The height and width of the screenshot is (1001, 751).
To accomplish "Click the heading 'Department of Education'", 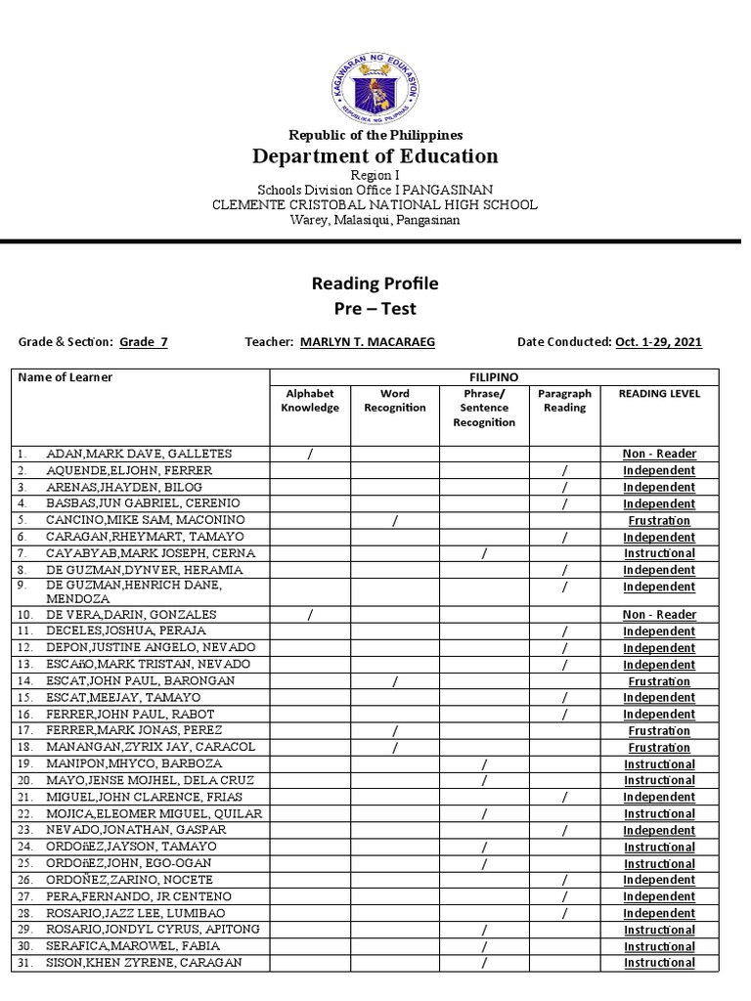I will click(375, 156).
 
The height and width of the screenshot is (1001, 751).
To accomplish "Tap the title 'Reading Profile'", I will click(375, 284).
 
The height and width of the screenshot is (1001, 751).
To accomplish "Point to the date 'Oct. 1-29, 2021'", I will click(658, 342).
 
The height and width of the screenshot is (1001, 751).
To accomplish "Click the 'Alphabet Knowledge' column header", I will click(310, 401).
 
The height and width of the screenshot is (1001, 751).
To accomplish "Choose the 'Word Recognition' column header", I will click(394, 401).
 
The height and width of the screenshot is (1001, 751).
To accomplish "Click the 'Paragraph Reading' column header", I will click(564, 401).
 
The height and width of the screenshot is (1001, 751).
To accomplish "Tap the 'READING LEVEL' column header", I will click(659, 394).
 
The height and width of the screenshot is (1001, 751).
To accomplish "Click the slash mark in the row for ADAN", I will click(310, 454).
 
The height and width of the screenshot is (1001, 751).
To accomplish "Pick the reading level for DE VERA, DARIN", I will click(659, 615).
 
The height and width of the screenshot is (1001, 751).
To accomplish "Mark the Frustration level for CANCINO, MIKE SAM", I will click(659, 521).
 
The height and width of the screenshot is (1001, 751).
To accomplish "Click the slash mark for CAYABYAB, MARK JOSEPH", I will click(484, 554).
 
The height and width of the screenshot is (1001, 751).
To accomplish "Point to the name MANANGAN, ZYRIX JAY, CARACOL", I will click(151, 747).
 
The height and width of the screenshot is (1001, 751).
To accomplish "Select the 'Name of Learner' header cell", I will click(66, 377).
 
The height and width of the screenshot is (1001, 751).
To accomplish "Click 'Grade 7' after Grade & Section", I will click(144, 342).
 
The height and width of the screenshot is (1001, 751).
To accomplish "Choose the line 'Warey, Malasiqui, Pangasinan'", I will click(375, 220).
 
